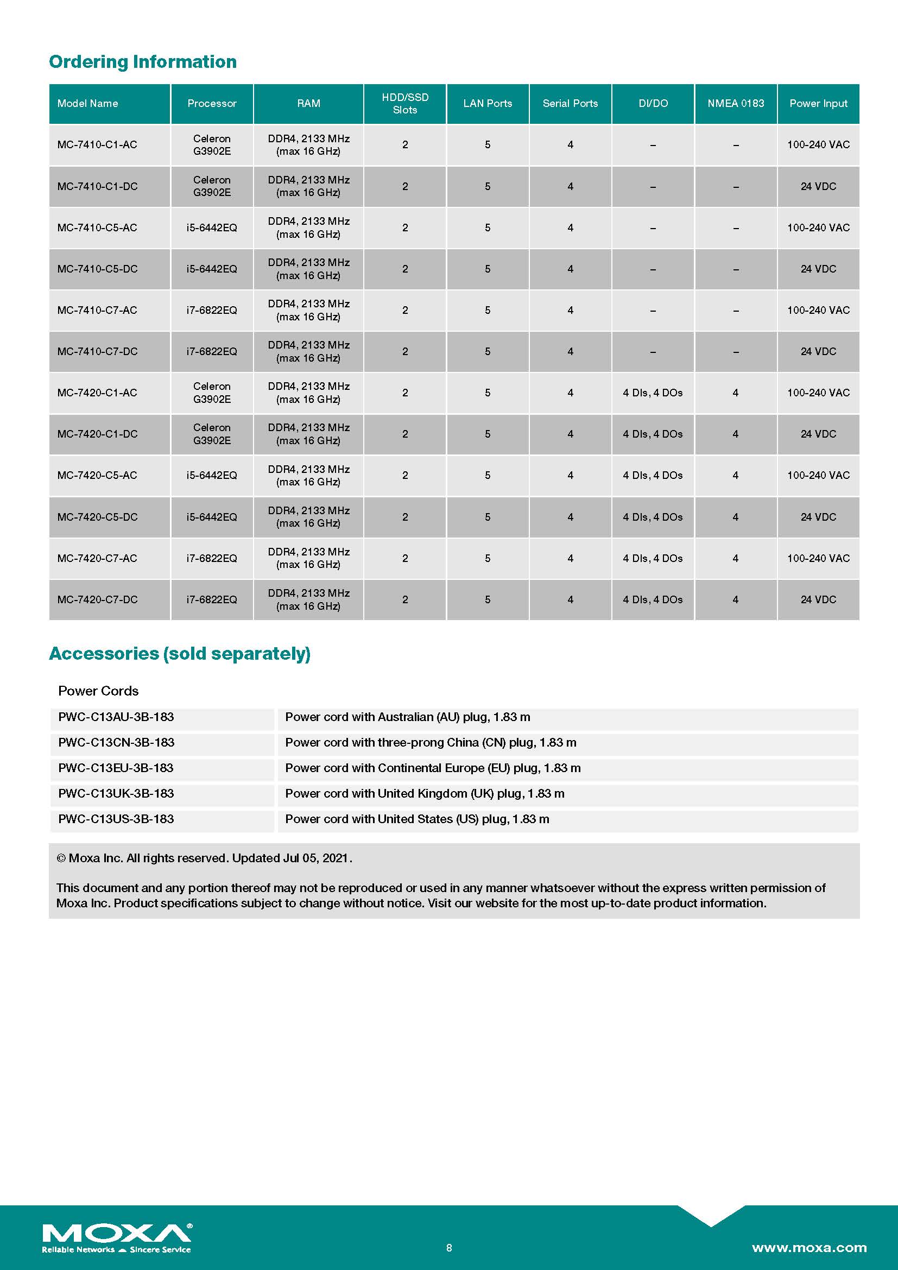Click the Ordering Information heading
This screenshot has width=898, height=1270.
click(143, 61)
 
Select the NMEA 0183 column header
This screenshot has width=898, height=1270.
click(736, 104)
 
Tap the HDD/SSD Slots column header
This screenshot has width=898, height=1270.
click(405, 104)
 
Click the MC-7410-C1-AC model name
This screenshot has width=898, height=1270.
click(97, 145)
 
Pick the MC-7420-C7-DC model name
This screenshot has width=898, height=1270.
click(97, 599)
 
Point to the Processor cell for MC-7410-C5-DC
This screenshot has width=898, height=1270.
click(212, 269)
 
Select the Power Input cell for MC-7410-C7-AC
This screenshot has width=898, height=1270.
click(818, 311)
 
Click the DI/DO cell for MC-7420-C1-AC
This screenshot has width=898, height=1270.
click(653, 393)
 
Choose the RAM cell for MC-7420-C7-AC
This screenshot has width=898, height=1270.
click(308, 558)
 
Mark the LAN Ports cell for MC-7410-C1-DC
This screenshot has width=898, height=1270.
click(488, 186)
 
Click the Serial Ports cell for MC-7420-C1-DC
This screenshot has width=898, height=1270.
click(570, 434)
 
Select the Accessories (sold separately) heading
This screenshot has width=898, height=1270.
click(180, 653)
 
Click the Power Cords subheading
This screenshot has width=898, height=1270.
click(98, 691)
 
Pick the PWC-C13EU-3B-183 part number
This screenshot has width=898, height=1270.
click(116, 768)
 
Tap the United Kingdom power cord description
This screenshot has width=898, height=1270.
click(425, 793)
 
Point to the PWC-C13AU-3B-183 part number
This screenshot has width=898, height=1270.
click(116, 717)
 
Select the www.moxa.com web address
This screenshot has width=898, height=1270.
click(809, 1248)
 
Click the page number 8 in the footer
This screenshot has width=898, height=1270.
click(449, 1248)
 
